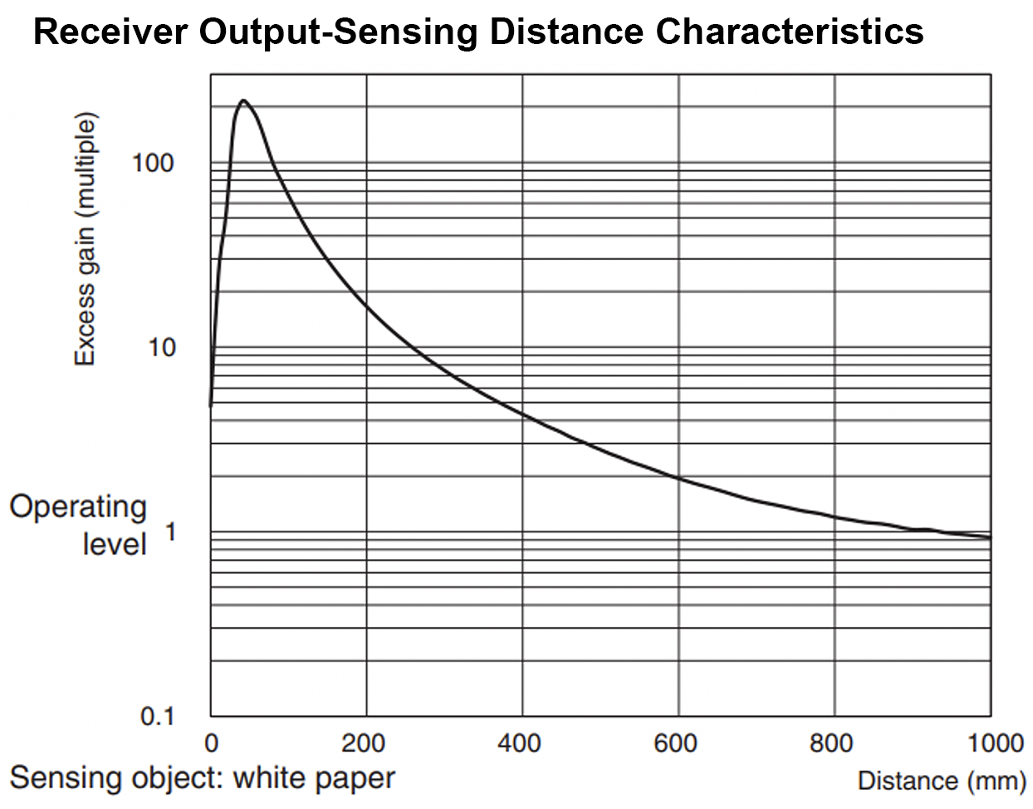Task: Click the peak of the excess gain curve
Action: point(242,101)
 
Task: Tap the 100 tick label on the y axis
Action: point(153,162)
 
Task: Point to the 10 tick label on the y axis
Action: point(162,347)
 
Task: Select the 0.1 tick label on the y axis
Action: point(157,716)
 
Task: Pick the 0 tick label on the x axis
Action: point(211,743)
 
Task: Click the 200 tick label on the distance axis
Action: point(364,743)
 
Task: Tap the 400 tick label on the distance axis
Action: point(520,743)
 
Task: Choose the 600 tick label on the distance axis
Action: point(676,743)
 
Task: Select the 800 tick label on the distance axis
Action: point(832,743)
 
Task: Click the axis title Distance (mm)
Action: point(941,781)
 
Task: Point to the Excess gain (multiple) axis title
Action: point(86,238)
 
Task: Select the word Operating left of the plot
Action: point(78,506)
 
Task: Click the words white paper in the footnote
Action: point(314,778)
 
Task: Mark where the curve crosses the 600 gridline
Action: point(678,478)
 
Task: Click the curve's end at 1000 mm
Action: point(990,537)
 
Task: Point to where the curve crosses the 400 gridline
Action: point(522,413)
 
